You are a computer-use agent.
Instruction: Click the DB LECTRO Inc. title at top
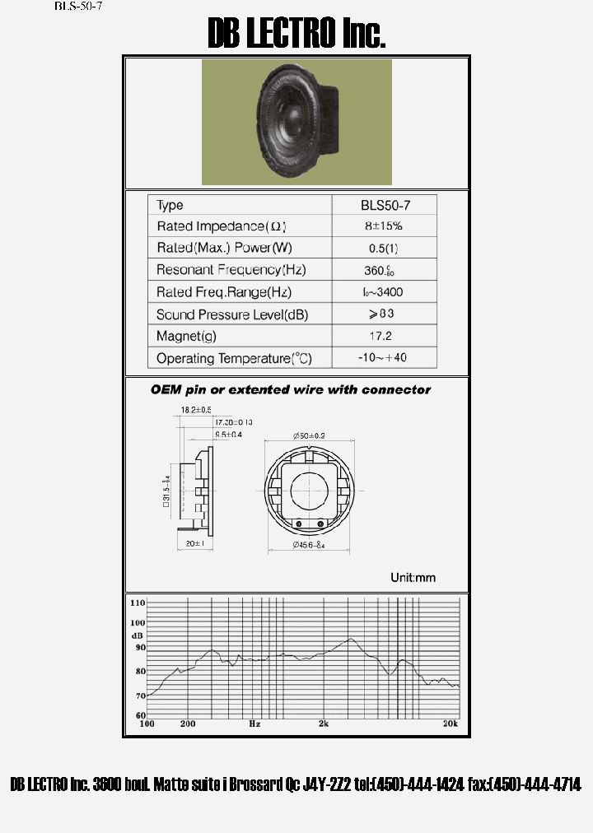[296, 33]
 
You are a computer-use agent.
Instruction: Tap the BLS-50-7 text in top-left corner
[78, 6]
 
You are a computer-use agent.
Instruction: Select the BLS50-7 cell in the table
[385, 205]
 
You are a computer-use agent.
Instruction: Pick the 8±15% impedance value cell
[385, 226]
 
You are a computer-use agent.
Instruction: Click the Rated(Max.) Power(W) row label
[224, 248]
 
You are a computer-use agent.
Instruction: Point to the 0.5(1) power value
[385, 248]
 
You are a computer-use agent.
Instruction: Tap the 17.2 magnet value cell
[385, 336]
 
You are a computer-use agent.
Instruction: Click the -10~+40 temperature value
[385, 358]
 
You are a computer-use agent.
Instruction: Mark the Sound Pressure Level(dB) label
[232, 314]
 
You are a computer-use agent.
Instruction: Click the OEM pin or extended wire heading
[291, 389]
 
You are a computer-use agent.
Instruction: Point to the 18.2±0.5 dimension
[196, 409]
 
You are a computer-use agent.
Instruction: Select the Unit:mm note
[413, 577]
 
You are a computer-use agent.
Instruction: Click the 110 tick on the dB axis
[137, 603]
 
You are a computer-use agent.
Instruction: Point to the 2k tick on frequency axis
[324, 724]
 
